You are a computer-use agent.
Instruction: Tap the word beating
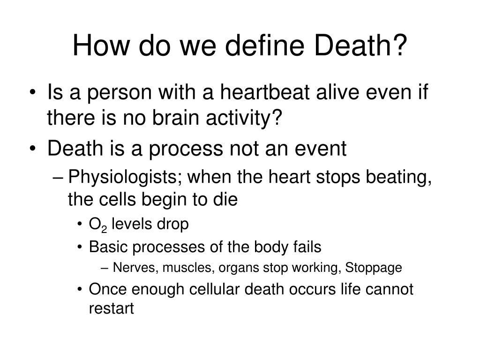(x=401, y=178)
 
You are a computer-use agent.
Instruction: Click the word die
(x=227, y=200)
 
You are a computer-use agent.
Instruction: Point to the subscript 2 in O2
(x=105, y=227)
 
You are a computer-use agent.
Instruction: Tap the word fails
(x=307, y=247)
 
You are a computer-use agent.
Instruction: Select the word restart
(x=112, y=309)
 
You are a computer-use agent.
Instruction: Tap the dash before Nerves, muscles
(x=105, y=268)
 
